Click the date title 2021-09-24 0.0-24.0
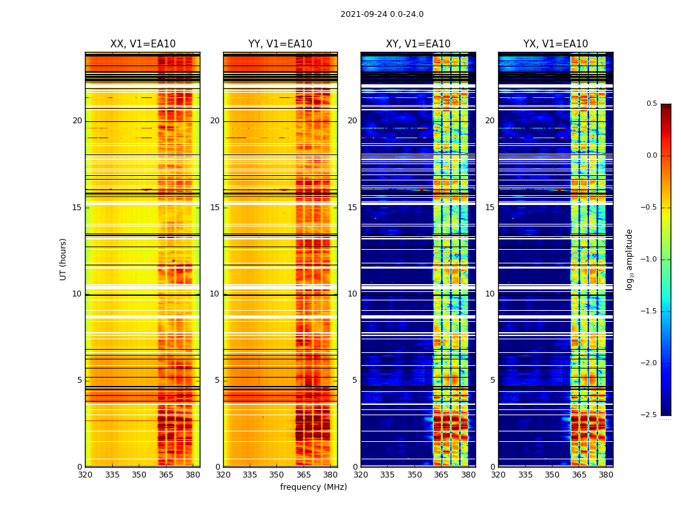(382, 14)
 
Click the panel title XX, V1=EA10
(143, 44)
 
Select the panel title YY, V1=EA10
(280, 44)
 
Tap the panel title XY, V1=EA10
(418, 44)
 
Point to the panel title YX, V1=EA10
(556, 44)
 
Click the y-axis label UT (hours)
(63, 259)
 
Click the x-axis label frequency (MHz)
(313, 487)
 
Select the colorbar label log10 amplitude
(629, 259)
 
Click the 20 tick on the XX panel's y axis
(77, 121)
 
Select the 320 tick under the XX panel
(85, 475)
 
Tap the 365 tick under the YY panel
(304, 475)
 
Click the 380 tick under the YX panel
(606, 475)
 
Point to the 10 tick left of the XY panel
(352, 294)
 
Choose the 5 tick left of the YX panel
(492, 380)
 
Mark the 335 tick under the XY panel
(387, 475)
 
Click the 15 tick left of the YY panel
(215, 208)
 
